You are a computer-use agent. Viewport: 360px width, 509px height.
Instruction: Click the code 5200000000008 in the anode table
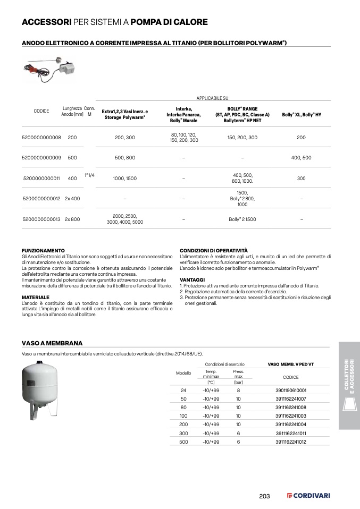coord(41,138)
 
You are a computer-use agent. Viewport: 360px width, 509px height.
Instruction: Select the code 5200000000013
coord(41,219)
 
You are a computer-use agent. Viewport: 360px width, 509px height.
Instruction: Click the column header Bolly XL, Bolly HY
coord(301,115)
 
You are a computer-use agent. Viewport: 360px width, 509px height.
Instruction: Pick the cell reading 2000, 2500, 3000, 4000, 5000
coord(125,219)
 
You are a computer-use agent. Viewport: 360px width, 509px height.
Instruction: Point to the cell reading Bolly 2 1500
coord(242,219)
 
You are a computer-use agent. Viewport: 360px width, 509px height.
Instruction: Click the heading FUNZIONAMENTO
coord(43,250)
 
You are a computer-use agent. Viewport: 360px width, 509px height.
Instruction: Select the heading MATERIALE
coord(35,297)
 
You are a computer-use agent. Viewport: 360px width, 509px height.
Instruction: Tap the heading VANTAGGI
coord(192,279)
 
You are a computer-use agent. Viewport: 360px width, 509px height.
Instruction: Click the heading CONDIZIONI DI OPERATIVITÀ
coord(214,250)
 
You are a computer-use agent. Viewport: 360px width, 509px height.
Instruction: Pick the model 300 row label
coord(183,433)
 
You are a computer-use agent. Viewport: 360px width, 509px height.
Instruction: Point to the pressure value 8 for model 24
coord(238,390)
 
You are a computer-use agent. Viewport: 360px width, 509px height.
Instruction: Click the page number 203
coord(264,496)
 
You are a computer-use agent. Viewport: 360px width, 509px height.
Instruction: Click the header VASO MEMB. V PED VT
coord(290,364)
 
